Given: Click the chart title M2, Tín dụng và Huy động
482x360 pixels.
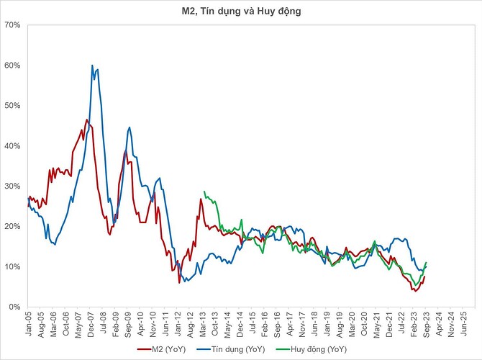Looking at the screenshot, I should [241, 11].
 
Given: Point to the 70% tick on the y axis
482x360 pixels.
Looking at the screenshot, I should [14, 25].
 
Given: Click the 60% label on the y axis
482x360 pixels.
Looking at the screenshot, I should [14, 66].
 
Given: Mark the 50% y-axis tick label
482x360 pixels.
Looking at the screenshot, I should [14, 106].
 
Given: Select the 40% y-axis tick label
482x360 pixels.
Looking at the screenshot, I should [14, 146].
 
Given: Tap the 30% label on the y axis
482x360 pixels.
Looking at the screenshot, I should [14, 186].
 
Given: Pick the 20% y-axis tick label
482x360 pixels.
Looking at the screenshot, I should [14, 227].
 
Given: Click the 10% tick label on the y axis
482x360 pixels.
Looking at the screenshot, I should [14, 267].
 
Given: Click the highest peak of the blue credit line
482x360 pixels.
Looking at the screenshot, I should [92, 66].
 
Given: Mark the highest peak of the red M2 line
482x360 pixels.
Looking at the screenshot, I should [87, 120].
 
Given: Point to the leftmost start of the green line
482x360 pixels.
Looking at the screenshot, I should [204, 192].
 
